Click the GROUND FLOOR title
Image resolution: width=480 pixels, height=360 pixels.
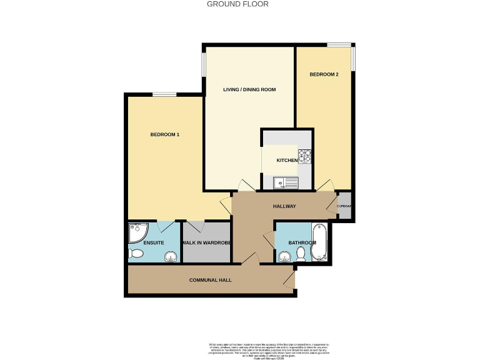(237, 4)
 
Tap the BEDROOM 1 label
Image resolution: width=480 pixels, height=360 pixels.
(165, 134)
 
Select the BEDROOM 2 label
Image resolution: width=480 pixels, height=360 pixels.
(324, 74)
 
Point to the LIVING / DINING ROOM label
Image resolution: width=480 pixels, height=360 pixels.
(249, 90)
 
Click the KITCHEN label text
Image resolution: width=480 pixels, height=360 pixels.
(287, 161)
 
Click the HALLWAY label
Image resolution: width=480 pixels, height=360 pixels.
(284, 207)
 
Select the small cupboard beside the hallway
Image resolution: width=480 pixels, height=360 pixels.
(344, 207)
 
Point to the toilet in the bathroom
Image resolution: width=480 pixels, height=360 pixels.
(301, 253)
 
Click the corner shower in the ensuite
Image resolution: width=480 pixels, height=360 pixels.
(136, 233)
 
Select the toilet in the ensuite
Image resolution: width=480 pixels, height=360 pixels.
(136, 254)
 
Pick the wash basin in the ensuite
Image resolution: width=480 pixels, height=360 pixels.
(169, 257)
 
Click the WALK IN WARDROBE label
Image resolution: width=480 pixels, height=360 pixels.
(207, 242)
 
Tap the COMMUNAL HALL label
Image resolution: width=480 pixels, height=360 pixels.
(211, 280)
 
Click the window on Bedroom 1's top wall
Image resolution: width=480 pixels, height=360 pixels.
(164, 94)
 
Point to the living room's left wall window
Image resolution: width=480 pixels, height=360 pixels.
(204, 63)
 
